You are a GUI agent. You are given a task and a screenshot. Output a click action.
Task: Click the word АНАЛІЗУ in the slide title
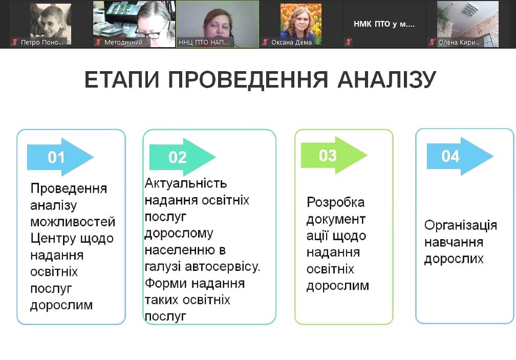(386, 80)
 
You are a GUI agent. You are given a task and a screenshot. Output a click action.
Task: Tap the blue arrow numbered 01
(60, 157)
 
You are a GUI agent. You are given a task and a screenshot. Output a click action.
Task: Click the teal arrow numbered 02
(182, 157)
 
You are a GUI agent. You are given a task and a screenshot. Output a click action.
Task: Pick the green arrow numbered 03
(334, 155)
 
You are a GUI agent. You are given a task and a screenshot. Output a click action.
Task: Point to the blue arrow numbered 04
(460, 156)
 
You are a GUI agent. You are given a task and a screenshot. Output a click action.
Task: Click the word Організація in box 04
(460, 226)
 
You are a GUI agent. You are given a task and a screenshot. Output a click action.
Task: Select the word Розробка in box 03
(336, 202)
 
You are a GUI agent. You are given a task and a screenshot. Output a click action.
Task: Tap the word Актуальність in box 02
(186, 183)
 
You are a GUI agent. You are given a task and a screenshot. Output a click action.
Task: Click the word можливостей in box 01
(73, 222)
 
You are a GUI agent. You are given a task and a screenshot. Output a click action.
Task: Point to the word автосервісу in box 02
(223, 266)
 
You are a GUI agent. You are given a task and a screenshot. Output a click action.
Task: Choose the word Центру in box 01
(51, 238)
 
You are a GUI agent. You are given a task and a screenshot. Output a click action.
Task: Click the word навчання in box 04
(454, 243)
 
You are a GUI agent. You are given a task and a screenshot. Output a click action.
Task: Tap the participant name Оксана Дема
(291, 42)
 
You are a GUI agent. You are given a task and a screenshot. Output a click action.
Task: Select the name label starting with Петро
(42, 42)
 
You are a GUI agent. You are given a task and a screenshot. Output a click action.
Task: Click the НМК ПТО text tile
(384, 24)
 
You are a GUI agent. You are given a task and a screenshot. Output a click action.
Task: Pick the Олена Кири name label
(459, 42)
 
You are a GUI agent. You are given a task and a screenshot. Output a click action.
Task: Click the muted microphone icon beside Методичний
(98, 42)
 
